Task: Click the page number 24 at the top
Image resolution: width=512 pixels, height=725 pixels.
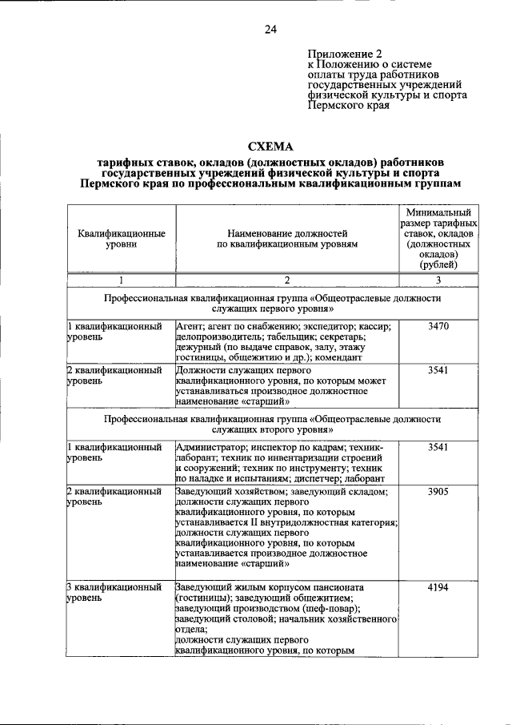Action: pyautogui.click(x=270, y=30)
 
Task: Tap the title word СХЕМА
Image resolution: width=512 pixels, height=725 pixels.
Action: pyautogui.click(x=270, y=147)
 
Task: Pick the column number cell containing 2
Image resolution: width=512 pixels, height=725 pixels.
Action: pyautogui.click(x=286, y=280)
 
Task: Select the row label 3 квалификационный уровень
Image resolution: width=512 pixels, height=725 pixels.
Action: pyautogui.click(x=115, y=593)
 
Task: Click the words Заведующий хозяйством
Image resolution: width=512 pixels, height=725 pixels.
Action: pyautogui.click(x=226, y=492)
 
